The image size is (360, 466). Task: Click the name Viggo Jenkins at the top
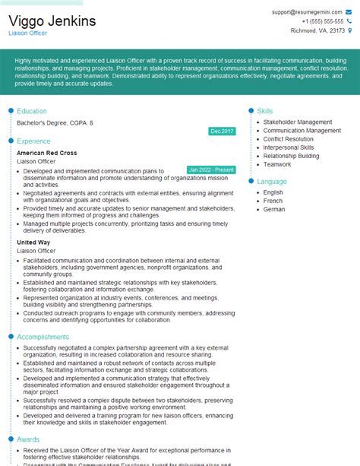52,21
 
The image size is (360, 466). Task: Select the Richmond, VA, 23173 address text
317,30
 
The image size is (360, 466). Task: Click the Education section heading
32,111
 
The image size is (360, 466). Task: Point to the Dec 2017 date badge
222,132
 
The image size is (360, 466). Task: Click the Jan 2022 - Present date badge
210,170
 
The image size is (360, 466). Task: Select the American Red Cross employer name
47,153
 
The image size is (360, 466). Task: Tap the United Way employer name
33,242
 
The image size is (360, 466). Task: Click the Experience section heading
33,141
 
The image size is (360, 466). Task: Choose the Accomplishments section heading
43,337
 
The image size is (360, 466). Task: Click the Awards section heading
28,439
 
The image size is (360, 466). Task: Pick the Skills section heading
265,111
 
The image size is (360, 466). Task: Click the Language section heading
272,182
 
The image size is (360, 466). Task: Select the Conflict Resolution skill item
288,139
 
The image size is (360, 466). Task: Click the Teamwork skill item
277,164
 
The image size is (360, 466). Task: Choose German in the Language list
274,209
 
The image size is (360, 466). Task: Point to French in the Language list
273,201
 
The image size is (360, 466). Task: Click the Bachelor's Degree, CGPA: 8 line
55,122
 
